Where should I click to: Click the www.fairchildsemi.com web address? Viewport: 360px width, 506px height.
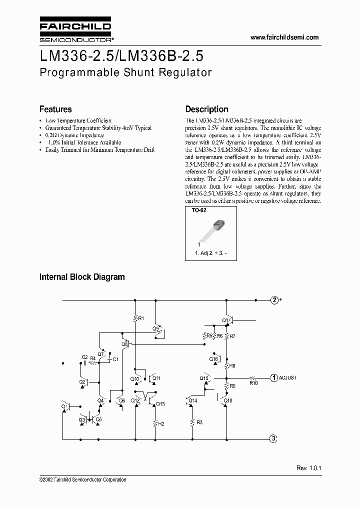click(x=284, y=37)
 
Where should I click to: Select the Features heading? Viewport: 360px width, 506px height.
click(x=55, y=109)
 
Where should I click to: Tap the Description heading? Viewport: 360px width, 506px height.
click(x=206, y=109)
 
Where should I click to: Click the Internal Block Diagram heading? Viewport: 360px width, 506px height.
click(x=82, y=276)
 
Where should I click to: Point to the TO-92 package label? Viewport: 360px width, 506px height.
click(x=199, y=211)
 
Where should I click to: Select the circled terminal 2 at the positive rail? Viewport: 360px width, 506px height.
click(x=274, y=300)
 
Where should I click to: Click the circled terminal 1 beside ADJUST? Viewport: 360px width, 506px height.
click(x=274, y=378)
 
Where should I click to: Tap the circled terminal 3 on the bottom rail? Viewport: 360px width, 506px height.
click(x=273, y=439)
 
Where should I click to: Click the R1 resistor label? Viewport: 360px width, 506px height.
click(x=141, y=318)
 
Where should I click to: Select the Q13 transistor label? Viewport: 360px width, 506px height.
click(x=160, y=404)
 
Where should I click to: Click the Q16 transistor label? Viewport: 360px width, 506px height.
click(x=213, y=359)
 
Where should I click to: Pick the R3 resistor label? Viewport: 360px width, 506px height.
click(x=199, y=423)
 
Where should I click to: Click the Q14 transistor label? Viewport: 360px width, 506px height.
click(x=193, y=400)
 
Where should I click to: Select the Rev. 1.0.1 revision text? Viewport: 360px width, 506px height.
click(x=308, y=467)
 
